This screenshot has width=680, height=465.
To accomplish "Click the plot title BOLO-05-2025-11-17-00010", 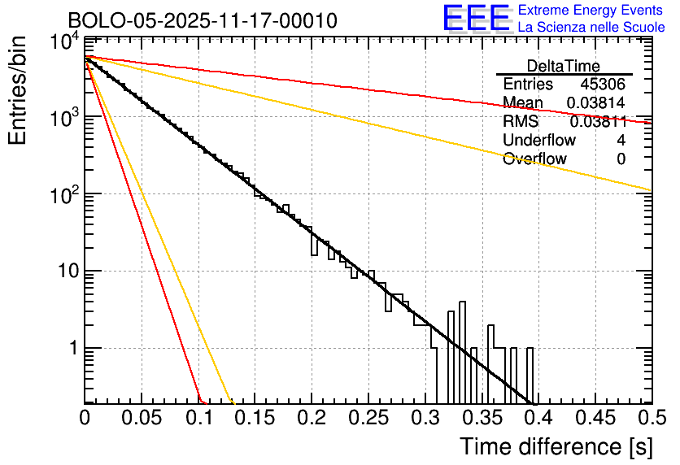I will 202,20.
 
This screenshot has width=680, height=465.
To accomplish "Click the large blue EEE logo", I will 476,19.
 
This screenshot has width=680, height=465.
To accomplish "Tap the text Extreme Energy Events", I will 591,11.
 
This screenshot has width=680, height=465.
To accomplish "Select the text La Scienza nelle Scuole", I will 591,27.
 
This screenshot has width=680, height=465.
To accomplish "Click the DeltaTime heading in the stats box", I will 563,66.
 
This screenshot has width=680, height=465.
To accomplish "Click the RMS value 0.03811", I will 598,122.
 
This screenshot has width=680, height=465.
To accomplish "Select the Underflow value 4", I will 621,140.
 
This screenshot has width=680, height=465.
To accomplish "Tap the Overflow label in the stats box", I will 534,159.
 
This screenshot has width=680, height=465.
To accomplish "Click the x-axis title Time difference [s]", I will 555,446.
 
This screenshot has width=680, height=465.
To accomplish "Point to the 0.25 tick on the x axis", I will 368,419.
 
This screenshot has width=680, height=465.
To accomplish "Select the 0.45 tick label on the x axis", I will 595,419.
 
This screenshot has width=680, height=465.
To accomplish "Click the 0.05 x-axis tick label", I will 142,419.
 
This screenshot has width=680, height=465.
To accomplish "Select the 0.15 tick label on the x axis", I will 255,419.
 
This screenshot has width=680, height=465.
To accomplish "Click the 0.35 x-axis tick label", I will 482,419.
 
